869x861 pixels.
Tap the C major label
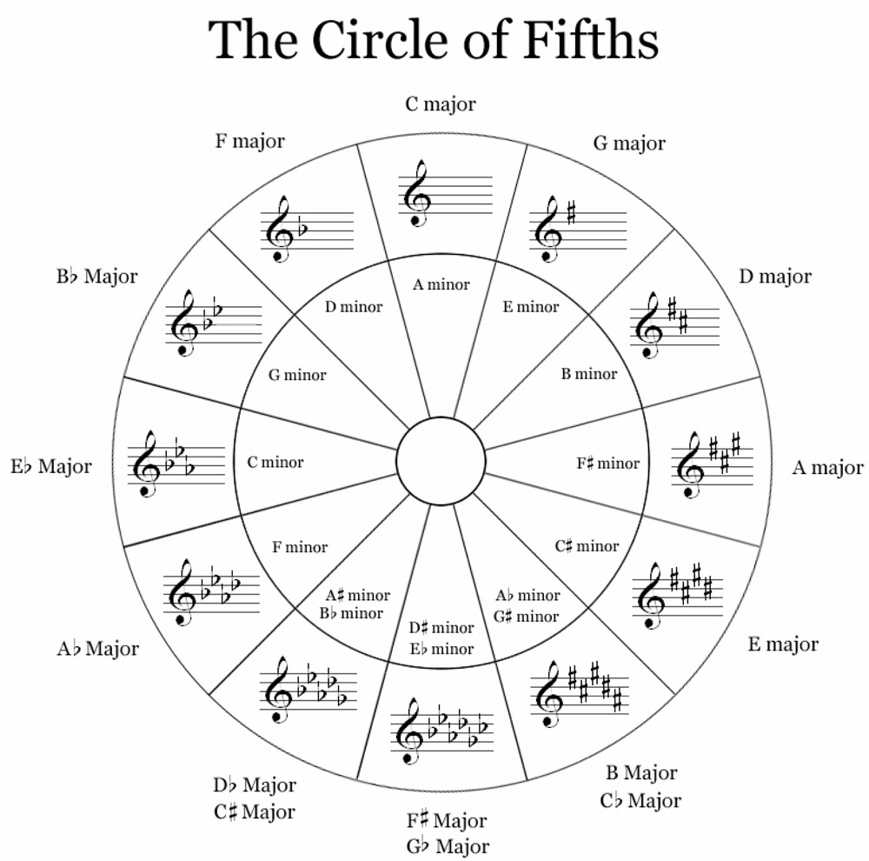[441, 104]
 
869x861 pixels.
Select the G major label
[629, 143]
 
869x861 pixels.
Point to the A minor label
[441, 284]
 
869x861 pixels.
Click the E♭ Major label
[51, 466]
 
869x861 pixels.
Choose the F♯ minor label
[607, 463]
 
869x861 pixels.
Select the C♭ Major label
[640, 800]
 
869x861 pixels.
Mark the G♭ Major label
[448, 845]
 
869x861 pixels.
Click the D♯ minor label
[441, 628]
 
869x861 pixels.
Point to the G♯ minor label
[527, 617]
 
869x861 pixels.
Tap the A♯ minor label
[358, 596]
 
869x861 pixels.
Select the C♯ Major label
[254, 812]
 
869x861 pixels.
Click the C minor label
[275, 462]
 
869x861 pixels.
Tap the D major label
[775, 277]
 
